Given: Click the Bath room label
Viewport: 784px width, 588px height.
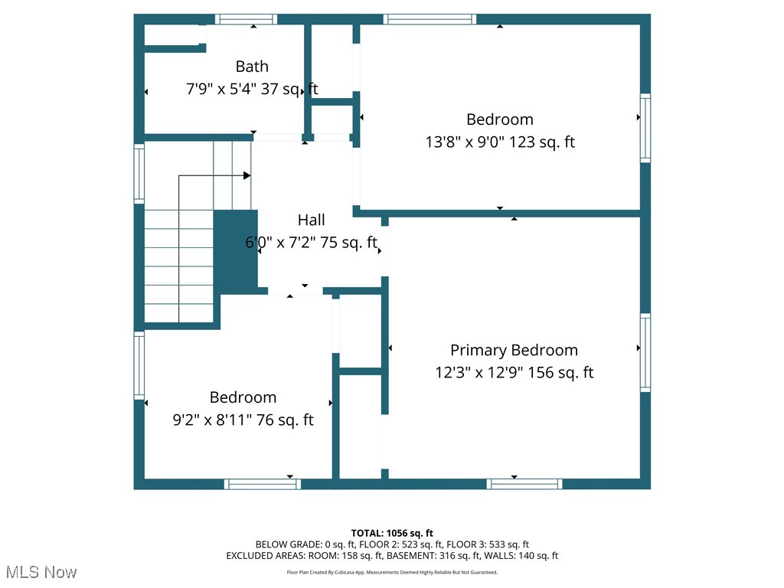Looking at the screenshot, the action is click(252, 67).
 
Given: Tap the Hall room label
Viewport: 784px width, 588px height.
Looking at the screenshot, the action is click(311, 220).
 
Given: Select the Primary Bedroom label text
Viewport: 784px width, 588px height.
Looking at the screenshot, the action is click(514, 350).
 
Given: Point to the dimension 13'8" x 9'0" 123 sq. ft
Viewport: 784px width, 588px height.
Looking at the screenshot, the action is click(500, 142).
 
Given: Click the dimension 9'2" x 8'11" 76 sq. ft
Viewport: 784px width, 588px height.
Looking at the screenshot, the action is click(243, 420).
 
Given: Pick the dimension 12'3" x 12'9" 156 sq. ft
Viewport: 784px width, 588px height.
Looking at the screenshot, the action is click(514, 373).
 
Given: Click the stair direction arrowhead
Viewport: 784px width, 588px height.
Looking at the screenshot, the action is click(247, 175).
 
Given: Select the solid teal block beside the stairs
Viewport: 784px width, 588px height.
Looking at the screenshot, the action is click(236, 252).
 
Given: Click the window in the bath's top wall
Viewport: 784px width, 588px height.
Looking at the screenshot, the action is click(246, 19).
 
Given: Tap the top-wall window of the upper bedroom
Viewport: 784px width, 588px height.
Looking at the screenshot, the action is click(430, 19).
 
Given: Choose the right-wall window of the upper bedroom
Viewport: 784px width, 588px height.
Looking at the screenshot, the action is click(645, 128).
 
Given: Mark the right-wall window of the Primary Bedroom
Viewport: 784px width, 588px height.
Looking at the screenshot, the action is click(645, 352).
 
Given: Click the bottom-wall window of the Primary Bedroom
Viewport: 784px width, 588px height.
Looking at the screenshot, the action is click(524, 484).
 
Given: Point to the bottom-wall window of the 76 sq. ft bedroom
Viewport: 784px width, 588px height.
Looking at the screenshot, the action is click(263, 484).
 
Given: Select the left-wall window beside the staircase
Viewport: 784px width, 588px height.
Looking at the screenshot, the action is click(139, 174).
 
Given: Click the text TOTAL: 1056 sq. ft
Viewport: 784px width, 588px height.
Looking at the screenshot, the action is click(392, 533).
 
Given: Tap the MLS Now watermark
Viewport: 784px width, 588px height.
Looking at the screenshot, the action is click(41, 572).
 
